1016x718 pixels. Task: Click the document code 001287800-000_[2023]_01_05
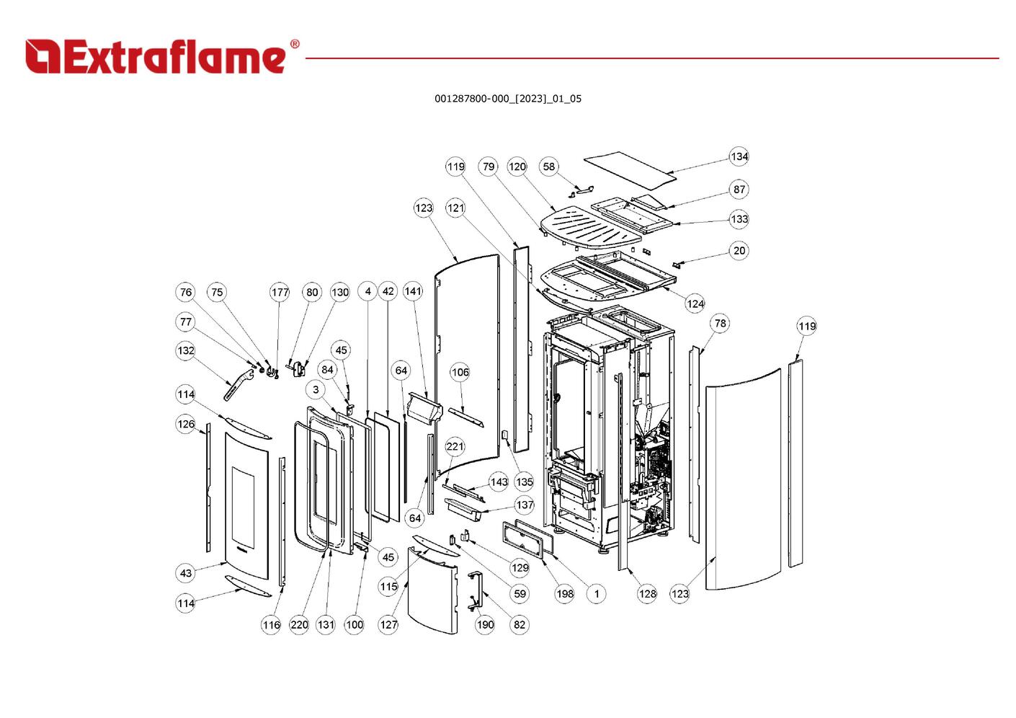click(507, 99)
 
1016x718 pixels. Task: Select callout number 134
click(739, 156)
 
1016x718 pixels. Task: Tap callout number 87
click(739, 190)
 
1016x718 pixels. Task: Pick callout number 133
click(739, 219)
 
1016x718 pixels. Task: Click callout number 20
click(739, 251)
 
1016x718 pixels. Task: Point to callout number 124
click(695, 303)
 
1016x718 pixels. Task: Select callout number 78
click(721, 323)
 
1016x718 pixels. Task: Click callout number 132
click(186, 350)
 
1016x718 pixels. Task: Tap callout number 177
click(280, 292)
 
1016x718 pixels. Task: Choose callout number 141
click(413, 291)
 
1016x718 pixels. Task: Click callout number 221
click(455, 446)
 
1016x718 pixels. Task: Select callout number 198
click(565, 594)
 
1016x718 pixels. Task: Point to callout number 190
click(486, 624)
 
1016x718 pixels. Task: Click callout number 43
click(186, 573)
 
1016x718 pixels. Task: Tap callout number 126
click(186, 424)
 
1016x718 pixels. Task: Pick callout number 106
click(460, 372)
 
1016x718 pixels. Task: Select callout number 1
click(596, 594)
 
